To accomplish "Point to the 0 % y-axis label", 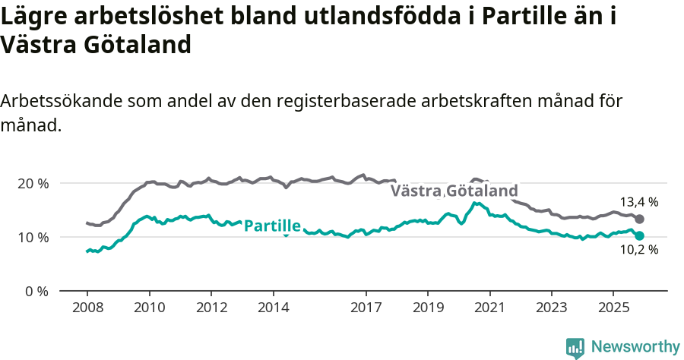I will pos(37,291).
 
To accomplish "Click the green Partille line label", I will pos(272,226).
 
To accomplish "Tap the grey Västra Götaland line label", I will pos(454,191).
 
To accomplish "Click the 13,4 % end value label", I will pos(638,202).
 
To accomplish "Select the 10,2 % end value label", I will pos(638,249).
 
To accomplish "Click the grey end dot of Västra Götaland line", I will pos(639,219).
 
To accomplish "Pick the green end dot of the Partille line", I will pos(639,236).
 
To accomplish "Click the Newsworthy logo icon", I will pos(575,348).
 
